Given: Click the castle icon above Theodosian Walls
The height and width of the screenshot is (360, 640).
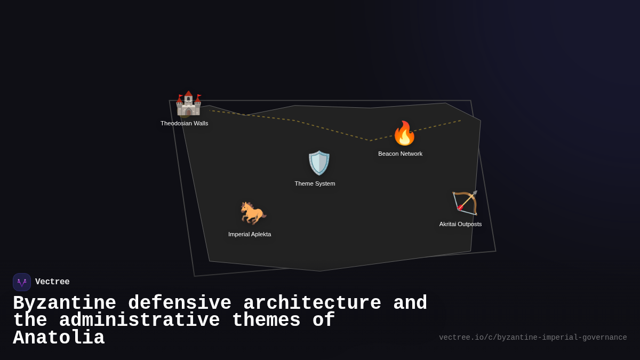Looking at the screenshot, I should click(188, 103).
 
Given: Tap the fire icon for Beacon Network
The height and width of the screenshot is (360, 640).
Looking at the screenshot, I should click(404, 133).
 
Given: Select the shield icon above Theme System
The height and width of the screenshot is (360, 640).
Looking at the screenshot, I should click(319, 163).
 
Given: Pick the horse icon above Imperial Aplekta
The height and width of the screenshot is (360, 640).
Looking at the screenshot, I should click(252, 213).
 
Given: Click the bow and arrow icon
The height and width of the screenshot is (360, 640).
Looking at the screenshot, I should click(465, 203).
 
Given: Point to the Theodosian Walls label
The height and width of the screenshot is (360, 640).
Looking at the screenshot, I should click(185, 123).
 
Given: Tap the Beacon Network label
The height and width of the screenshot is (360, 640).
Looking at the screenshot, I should click(400, 154).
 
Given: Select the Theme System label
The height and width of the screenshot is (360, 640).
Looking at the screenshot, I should click(315, 183).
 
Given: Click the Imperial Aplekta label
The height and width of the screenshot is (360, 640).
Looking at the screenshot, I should click(250, 234).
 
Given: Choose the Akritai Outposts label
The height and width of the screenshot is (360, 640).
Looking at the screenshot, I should click(460, 224).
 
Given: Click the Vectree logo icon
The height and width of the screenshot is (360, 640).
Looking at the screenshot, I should click(22, 282).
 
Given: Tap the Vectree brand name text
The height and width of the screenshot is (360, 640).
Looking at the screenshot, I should click(52, 282).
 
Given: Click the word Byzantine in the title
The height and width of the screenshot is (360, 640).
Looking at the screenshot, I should click(65, 303).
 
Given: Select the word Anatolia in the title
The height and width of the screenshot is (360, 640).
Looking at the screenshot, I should click(59, 338).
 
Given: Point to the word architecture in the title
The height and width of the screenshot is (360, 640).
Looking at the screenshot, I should click(312, 303).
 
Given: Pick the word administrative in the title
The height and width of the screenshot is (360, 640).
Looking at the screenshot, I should click(140, 321).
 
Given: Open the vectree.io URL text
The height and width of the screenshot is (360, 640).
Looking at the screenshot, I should click(533, 338).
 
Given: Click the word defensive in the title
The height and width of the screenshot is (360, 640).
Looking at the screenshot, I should click(180, 303).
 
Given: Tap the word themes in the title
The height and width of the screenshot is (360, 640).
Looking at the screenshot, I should click(266, 321).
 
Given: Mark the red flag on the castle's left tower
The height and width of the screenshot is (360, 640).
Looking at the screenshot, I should click(181, 96).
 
